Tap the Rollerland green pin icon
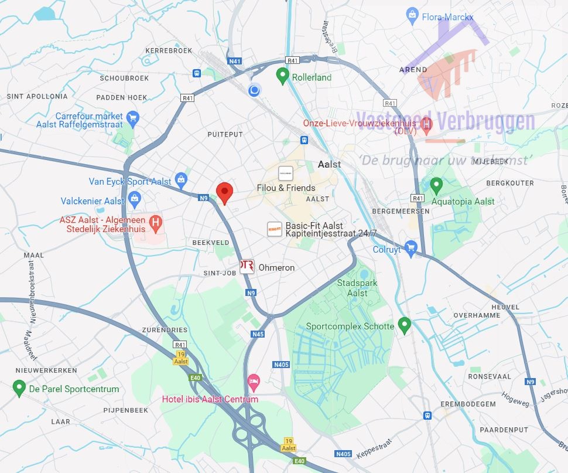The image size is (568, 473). pos(283,76)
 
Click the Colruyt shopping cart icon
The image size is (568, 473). pos(410,249)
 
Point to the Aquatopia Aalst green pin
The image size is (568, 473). pos(436,186)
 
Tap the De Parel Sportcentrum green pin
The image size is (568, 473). pos(19,387)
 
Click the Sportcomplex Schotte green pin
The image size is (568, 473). pos(404,325)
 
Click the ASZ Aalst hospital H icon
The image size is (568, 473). pos(155,223)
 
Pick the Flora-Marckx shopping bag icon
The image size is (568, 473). pos(412,14)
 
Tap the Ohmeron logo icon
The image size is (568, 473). pos(247,267)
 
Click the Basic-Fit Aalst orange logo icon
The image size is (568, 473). pos(274,229)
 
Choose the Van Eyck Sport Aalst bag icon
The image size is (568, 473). pos(182,179)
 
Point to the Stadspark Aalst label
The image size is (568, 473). pos(353,288)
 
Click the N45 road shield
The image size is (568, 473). pos(258,334)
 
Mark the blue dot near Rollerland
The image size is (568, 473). pos(254,90)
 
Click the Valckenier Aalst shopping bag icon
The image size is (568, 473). pos(135,198)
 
